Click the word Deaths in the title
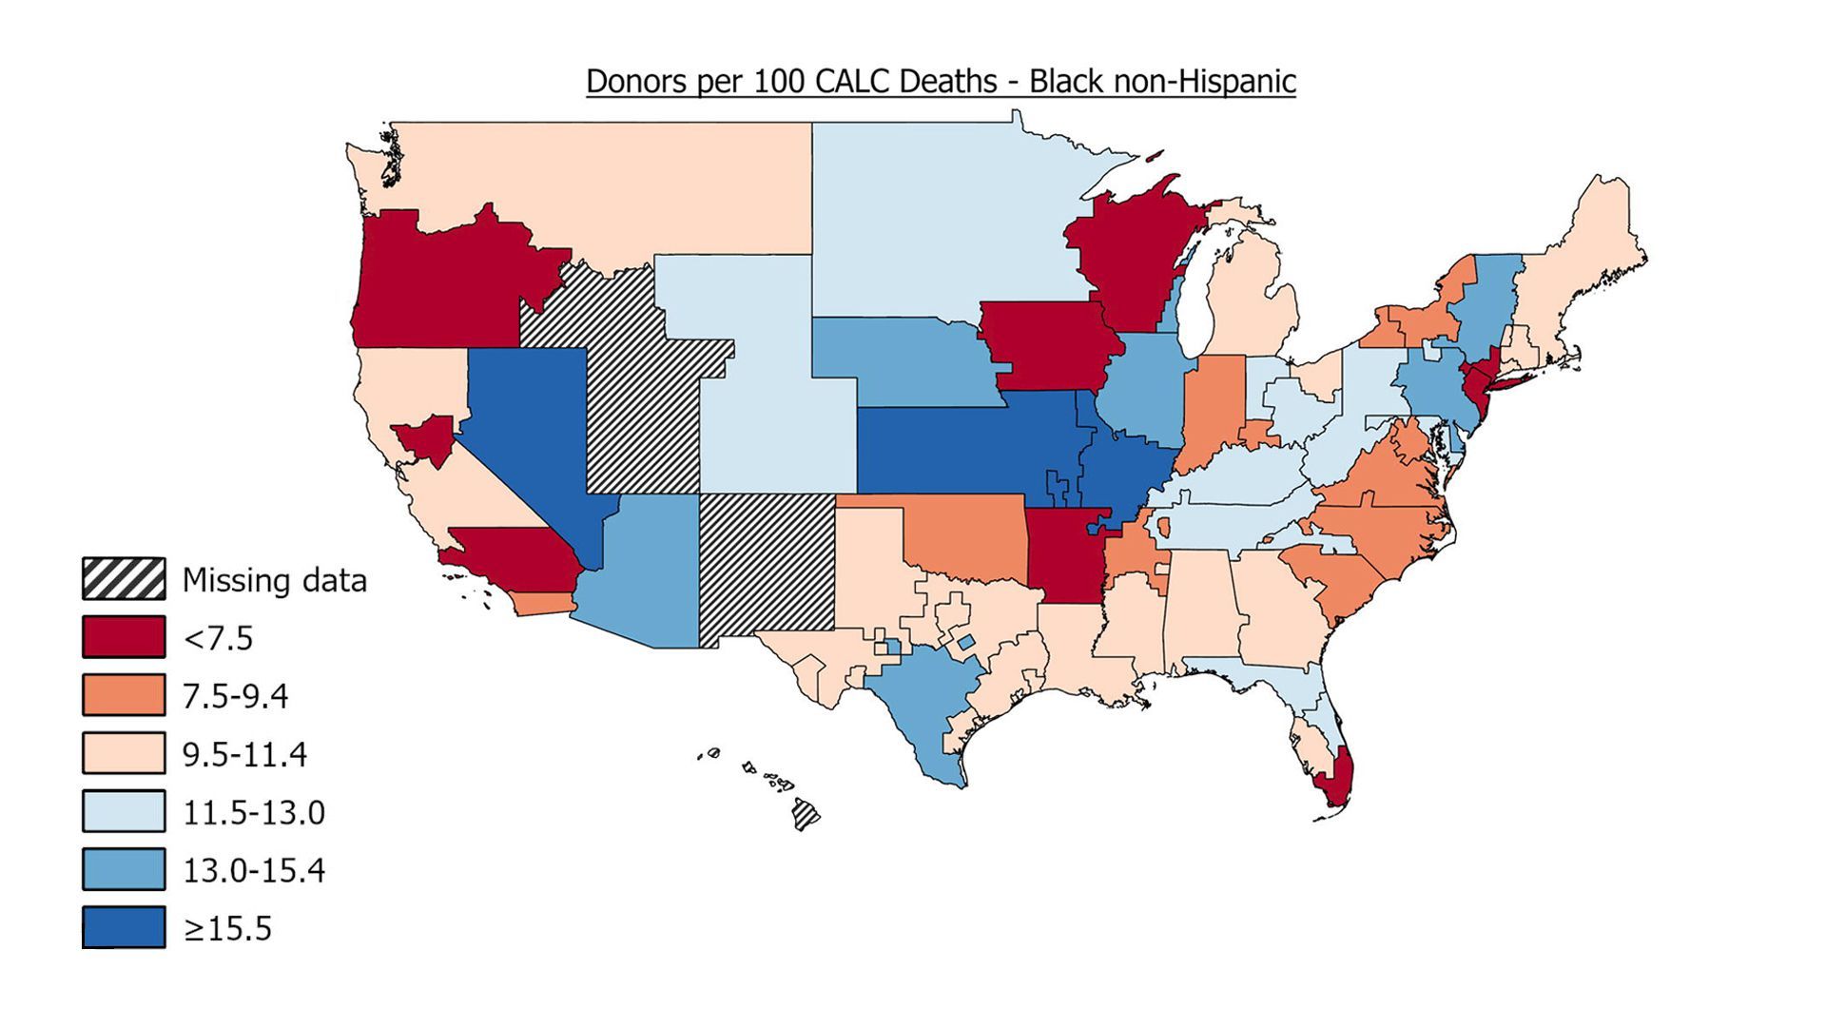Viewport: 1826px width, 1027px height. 947,82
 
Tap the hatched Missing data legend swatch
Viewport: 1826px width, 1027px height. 124,579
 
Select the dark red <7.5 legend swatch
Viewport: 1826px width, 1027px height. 124,637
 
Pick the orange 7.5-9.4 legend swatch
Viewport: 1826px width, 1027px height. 124,695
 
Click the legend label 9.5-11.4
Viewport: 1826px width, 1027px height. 244,754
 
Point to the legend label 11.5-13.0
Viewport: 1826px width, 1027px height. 253,812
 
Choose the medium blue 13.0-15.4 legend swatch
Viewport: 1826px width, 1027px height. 124,870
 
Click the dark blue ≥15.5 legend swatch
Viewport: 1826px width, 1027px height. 124,928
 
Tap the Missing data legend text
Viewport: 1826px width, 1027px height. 274,579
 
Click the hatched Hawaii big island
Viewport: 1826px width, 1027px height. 806,815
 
